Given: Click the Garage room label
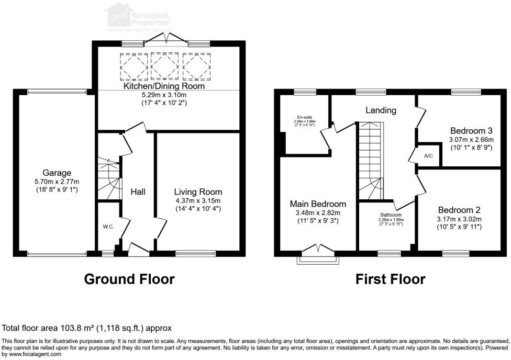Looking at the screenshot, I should pos(57,173).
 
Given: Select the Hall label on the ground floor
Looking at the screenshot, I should pos(138,192).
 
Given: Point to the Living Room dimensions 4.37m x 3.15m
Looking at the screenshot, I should pos(198,201).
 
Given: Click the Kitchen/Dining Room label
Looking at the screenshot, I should pos(164,86).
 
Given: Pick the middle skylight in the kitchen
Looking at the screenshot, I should pos(164,65).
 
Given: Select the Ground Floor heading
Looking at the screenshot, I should pos(129,279).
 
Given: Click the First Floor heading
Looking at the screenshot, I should pos(390,279).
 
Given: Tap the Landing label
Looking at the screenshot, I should pos(381,110).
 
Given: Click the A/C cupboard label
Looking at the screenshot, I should pos(428,156).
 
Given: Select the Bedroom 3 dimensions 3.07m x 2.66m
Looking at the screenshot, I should pos(471,140).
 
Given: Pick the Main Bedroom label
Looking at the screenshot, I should pos(318,204).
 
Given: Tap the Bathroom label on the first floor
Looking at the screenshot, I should pos(391,215).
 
